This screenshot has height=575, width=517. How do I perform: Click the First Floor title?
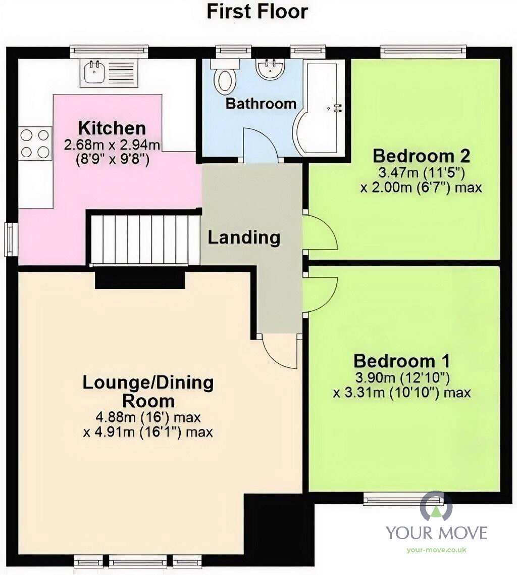[257, 11]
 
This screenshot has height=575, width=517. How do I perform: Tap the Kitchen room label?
[112, 128]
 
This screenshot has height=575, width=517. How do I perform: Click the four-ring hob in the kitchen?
[35, 143]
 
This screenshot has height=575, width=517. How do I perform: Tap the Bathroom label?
[261, 104]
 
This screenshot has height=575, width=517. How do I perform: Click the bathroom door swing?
[260, 145]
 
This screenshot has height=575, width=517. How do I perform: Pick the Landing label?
[244, 237]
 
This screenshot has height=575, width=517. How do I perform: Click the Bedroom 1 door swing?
[320, 295]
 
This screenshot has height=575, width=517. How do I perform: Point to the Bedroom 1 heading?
[402, 361]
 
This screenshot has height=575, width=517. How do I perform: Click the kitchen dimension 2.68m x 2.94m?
[112, 146]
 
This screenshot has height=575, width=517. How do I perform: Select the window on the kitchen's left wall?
[10, 238]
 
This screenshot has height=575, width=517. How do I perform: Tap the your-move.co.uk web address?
[436, 550]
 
